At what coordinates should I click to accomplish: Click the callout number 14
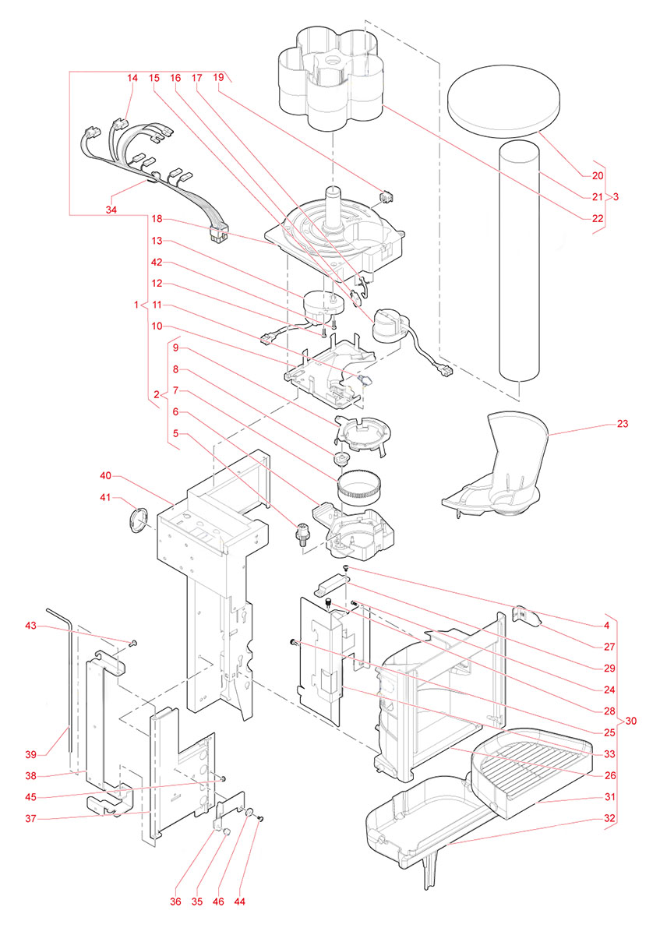point(132,79)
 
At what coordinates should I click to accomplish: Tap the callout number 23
point(622,425)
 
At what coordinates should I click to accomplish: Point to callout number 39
point(31,754)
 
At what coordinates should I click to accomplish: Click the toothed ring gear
point(359,487)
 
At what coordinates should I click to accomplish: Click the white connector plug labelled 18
point(217,233)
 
